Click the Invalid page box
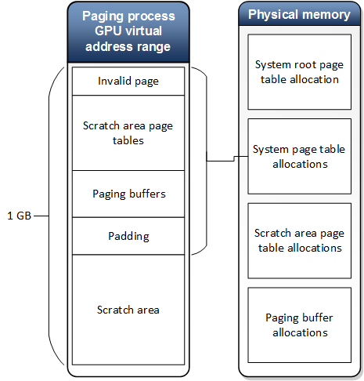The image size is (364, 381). (128, 81)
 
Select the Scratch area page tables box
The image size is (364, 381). (128, 132)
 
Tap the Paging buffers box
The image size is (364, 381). (128, 194)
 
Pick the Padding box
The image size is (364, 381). (128, 235)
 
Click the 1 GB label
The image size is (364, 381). (20, 215)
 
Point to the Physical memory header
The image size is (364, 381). (299, 15)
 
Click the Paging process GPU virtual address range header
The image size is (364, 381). (128, 32)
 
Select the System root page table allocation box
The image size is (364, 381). (299, 71)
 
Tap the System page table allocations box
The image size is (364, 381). (299, 156)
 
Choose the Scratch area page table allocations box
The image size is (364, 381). (299, 241)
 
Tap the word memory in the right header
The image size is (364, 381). (328, 15)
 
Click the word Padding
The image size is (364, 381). (128, 235)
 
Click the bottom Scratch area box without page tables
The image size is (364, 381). (128, 310)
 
